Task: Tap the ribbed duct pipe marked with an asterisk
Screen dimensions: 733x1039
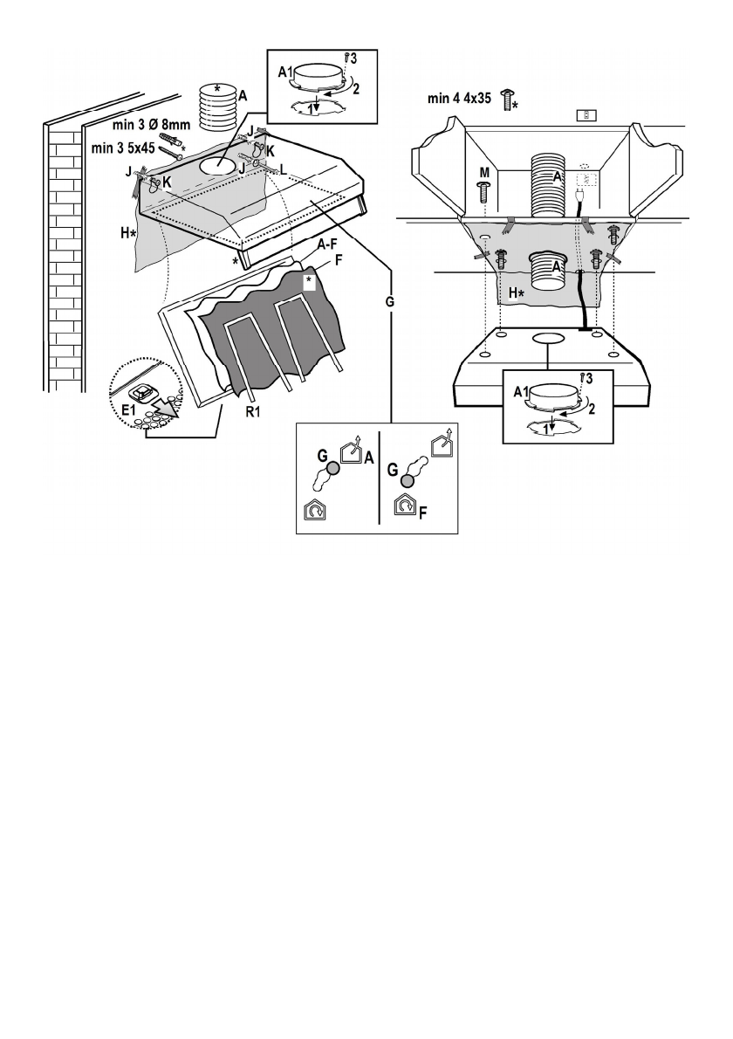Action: [217, 105]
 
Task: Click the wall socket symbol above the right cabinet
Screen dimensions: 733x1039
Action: [590, 114]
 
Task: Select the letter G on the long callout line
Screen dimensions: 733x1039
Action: [390, 300]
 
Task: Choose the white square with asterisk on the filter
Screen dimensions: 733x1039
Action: [308, 280]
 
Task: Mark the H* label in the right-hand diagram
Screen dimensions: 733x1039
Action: [517, 293]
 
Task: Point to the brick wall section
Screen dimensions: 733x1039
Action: [65, 262]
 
